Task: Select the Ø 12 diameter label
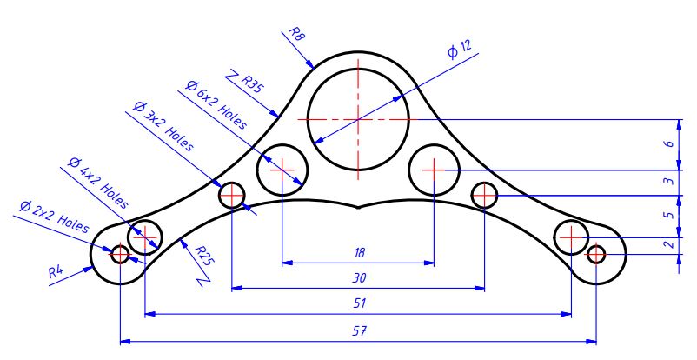point(460,50)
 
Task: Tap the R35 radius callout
point(250,84)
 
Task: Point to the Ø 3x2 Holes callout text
point(163,128)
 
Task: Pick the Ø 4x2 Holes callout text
point(97,183)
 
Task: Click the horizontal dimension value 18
point(359,252)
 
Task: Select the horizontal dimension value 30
point(359,278)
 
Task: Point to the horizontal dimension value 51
point(359,303)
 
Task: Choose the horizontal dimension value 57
point(359,330)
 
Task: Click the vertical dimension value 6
point(667,143)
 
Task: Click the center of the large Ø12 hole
point(358,118)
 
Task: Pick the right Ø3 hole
point(484,195)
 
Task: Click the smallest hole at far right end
point(596,254)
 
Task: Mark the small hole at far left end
point(120,254)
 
